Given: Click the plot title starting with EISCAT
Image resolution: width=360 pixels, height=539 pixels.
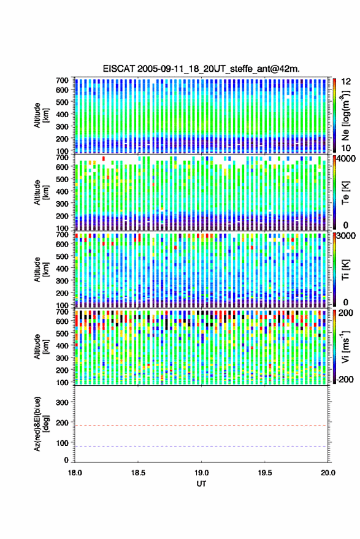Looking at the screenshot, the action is (201, 69).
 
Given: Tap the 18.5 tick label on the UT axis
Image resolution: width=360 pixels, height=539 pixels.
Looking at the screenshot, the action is (138, 473).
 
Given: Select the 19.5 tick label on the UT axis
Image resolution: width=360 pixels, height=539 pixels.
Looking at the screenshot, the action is (265, 473).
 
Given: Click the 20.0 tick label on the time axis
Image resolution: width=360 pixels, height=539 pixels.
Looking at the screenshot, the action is (328, 473).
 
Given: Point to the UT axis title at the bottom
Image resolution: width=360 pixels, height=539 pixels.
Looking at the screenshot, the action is (201, 484).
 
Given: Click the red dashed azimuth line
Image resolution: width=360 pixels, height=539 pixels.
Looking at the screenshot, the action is (201, 426).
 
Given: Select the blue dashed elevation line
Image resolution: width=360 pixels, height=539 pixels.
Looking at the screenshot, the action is (201, 446).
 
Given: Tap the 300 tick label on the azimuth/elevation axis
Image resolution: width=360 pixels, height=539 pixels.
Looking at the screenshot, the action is (62, 402).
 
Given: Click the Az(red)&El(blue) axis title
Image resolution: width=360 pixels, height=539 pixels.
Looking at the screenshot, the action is (41, 424).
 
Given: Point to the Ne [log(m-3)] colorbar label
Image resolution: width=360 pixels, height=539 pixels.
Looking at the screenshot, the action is (346, 115).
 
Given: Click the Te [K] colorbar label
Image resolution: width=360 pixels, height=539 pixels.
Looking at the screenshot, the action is (346, 193).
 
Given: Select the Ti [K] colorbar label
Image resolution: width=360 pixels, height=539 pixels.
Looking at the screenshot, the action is (346, 269).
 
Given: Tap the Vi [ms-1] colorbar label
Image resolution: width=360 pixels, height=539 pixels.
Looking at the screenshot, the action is (346, 346).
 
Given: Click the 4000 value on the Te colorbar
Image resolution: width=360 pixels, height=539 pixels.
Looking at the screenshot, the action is (347, 159).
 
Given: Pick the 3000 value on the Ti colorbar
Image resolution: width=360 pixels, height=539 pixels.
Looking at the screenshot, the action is (347, 236).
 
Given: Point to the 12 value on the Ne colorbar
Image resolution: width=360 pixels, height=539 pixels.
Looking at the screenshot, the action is (347, 82).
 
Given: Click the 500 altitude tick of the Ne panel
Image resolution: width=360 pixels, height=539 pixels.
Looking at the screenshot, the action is (62, 102).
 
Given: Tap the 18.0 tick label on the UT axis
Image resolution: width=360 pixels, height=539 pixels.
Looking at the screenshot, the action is (75, 473).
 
